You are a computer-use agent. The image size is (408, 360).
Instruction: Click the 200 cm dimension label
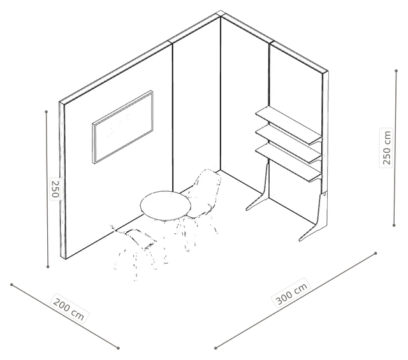tap(69, 309)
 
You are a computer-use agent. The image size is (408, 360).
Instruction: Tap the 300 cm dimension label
tap(292, 293)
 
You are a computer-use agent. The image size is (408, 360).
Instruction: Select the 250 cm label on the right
tap(386, 147)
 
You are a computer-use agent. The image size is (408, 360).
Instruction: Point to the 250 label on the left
tap(55, 189)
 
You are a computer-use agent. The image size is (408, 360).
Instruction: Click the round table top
tap(166, 206)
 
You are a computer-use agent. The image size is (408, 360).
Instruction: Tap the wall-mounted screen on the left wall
tap(122, 127)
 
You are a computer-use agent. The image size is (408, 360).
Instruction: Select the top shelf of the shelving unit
tap(288, 125)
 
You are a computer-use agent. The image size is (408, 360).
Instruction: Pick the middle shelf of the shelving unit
tap(288, 143)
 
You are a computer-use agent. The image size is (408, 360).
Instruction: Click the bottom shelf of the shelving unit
tap(288, 163)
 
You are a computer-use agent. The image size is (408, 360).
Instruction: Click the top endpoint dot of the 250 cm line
tap(397, 71)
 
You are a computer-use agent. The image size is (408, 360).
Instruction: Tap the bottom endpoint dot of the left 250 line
tap(48, 266)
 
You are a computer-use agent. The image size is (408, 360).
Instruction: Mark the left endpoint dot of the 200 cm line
tap(11, 285)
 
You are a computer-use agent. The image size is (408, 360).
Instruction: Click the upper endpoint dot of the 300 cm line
tap(375, 253)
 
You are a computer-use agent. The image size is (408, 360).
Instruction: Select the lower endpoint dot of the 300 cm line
tap(215, 348)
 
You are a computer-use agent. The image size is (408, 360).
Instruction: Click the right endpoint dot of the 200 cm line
tap(118, 348)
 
